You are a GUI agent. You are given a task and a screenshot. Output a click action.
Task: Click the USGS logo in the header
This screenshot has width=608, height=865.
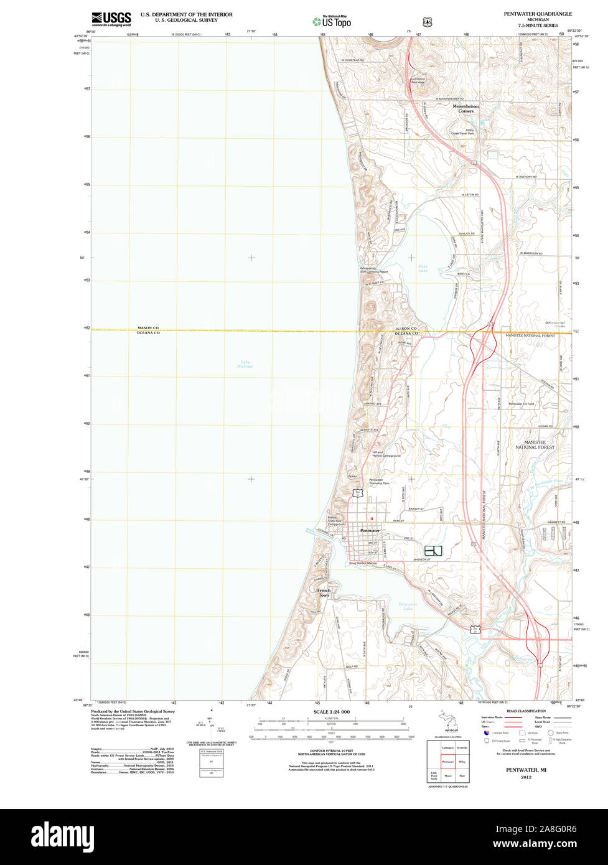tap(111, 19)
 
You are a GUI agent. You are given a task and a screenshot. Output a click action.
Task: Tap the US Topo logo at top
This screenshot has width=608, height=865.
tap(332, 21)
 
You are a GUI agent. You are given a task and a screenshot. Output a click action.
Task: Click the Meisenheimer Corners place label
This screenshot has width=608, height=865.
tap(466, 109)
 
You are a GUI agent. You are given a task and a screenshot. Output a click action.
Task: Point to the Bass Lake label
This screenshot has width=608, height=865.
tap(423, 269)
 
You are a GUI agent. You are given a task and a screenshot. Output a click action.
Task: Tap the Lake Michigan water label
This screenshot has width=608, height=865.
tap(245, 364)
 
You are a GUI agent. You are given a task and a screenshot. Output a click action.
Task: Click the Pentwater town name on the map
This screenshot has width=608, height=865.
tap(370, 530)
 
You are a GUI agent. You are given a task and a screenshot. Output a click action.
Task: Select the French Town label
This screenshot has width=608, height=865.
tap(324, 592)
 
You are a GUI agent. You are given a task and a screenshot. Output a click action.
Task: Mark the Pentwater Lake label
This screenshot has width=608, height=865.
tap(408, 605)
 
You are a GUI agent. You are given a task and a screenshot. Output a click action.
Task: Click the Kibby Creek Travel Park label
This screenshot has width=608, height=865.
tap(462, 132)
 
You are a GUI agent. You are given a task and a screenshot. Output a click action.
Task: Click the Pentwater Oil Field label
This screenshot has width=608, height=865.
tap(521, 404)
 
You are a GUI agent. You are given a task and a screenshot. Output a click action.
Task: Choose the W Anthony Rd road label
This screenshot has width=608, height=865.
tap(525, 177)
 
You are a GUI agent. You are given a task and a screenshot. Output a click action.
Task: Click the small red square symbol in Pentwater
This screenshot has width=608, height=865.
tap(372, 518)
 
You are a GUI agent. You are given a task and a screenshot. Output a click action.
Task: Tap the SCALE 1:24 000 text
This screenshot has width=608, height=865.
tap(332, 711)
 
